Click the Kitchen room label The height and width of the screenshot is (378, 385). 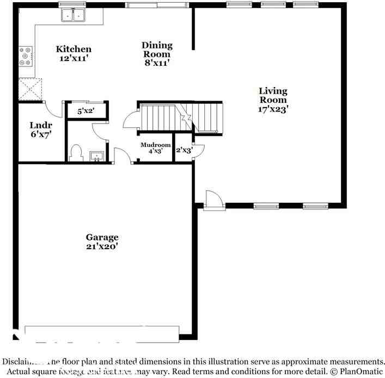(74, 49)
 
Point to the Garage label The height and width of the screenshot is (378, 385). (102, 237)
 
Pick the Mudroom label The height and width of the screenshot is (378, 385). (156, 145)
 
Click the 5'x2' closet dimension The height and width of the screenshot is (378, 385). (86, 111)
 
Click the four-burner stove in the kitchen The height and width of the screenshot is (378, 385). (26, 56)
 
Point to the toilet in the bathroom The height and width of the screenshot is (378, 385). (77, 152)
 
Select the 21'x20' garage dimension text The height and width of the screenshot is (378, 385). (102, 246)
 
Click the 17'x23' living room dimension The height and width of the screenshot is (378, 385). (273, 109)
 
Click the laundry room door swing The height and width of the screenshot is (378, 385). (53, 107)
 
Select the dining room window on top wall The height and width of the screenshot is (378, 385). (157, 5)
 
